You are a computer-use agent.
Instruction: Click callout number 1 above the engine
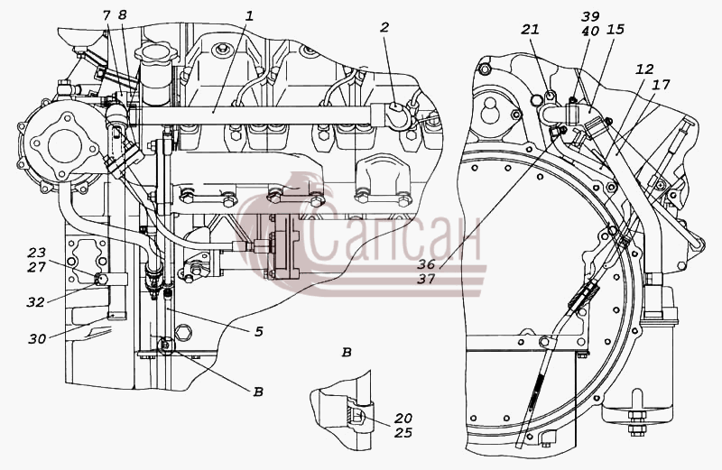pyautogui.click(x=249, y=16)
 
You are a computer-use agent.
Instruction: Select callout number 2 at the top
pyautogui.click(x=384, y=28)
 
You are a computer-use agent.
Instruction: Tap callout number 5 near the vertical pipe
pyautogui.click(x=259, y=331)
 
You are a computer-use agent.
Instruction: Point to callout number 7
pyautogui.click(x=106, y=15)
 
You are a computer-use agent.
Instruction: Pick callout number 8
pyautogui.click(x=122, y=15)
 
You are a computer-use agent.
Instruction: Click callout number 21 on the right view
pyautogui.click(x=530, y=30)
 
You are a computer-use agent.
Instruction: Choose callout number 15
pyautogui.click(x=616, y=30)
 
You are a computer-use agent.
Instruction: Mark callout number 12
pyautogui.click(x=644, y=69)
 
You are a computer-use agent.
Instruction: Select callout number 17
pyautogui.click(x=661, y=84)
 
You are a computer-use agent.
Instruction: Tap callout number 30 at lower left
pyautogui.click(x=37, y=339)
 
